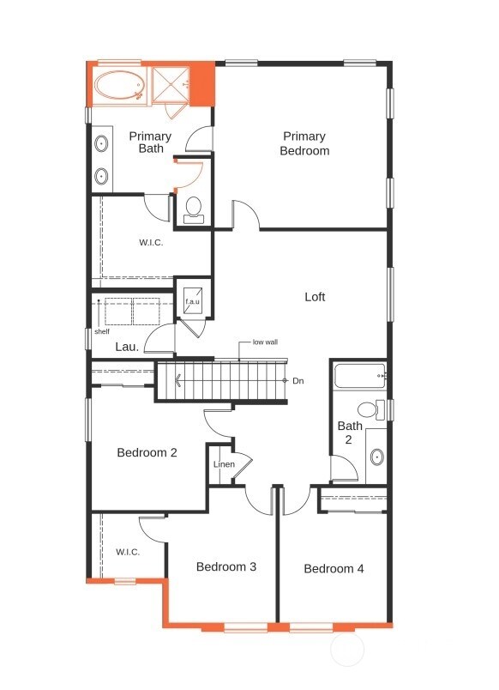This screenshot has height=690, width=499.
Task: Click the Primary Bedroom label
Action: coord(304,143)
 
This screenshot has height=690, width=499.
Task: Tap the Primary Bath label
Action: coord(150,142)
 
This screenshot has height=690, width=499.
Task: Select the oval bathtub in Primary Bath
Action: coord(120,87)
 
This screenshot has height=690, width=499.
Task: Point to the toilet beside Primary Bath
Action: coord(194,209)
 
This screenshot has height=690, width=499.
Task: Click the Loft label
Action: coord(315,297)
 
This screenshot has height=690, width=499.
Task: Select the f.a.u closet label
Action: coord(193,301)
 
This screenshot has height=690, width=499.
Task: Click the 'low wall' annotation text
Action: coord(265,342)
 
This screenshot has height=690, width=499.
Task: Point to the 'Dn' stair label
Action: coord(298,380)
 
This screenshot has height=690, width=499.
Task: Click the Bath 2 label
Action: coord(349,433)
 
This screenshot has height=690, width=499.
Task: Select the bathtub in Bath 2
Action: coord(359,376)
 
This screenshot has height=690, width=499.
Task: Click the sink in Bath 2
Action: coord(376,456)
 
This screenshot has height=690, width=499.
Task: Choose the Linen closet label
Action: coord(224,464)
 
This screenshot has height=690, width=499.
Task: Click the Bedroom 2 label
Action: coord(147,452)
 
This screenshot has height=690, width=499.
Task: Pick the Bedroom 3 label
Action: coord(225,566)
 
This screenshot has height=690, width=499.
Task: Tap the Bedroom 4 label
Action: coord(334,568)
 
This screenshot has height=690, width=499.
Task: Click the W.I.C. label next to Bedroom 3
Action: coord(128,552)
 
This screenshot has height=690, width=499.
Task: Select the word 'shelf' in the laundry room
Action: coord(102,330)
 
